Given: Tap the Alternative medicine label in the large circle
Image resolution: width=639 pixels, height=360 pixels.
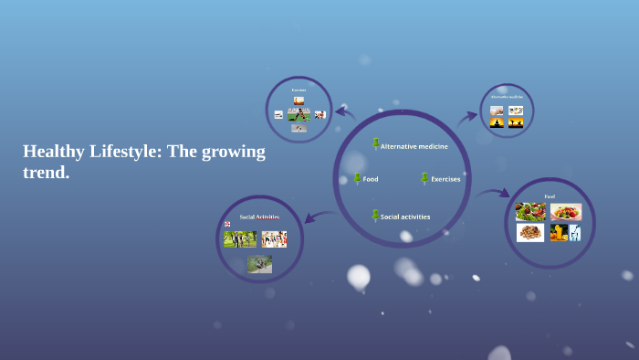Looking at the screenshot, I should pyautogui.click(x=414, y=146).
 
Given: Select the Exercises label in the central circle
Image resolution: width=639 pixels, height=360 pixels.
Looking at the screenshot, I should pyautogui.click(x=445, y=179).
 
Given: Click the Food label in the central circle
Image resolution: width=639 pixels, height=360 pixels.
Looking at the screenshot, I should pyautogui.click(x=371, y=179).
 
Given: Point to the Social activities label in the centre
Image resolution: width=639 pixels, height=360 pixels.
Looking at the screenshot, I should pyautogui.click(x=406, y=217).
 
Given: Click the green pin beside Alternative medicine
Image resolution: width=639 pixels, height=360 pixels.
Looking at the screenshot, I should pyautogui.click(x=375, y=143).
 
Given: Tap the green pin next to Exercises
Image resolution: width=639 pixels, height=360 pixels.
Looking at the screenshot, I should pyautogui.click(x=424, y=177).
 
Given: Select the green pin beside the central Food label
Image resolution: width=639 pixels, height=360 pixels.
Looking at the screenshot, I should pyautogui.click(x=357, y=177).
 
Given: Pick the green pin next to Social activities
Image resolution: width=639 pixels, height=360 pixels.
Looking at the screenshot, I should pyautogui.click(x=375, y=215).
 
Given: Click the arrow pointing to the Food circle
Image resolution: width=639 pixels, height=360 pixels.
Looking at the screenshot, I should pyautogui.click(x=493, y=193).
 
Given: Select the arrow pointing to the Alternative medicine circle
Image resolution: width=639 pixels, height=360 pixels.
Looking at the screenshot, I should pyautogui.click(x=467, y=116).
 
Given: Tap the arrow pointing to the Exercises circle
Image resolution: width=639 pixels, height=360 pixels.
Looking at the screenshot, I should pyautogui.click(x=344, y=112).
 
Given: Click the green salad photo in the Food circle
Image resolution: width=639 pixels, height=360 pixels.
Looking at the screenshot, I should pyautogui.click(x=529, y=212).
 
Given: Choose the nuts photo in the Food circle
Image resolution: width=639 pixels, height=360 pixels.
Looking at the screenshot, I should pyautogui.click(x=529, y=233).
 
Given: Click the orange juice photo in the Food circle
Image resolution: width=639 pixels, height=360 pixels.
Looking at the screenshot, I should pyautogui.click(x=559, y=232).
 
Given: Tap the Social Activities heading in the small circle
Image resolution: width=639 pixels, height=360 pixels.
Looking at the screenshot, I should pyautogui.click(x=259, y=217).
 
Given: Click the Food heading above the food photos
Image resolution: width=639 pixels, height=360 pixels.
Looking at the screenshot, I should pyautogui.click(x=549, y=196).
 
